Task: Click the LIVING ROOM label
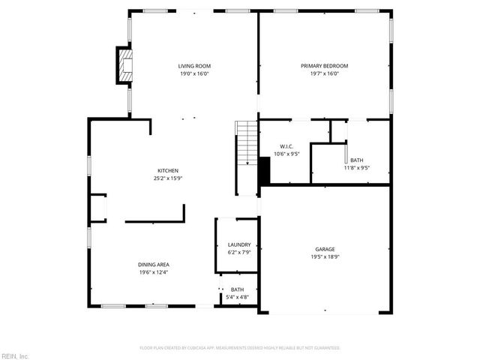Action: click(193, 66)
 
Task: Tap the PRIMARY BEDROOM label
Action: click(324, 66)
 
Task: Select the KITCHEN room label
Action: click(167, 170)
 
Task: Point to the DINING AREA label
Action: click(153, 264)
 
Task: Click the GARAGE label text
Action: click(325, 249)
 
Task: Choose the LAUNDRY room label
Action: click(239, 244)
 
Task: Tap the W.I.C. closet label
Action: click(286, 146)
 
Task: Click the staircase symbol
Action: click(247, 144)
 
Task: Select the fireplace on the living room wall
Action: click(124, 65)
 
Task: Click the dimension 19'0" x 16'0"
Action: click(193, 73)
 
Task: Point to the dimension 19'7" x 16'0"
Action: click(324, 73)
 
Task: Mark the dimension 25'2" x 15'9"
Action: click(167, 178)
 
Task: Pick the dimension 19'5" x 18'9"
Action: click(325, 256)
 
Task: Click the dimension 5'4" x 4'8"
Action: click(237, 298)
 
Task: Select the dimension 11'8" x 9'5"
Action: click(357, 167)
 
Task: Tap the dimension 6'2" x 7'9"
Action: click(239, 252)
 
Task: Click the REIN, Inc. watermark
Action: click(15, 355)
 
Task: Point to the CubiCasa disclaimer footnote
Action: click(240, 348)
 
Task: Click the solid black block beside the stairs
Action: click(264, 170)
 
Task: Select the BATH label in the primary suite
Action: click(357, 160)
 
